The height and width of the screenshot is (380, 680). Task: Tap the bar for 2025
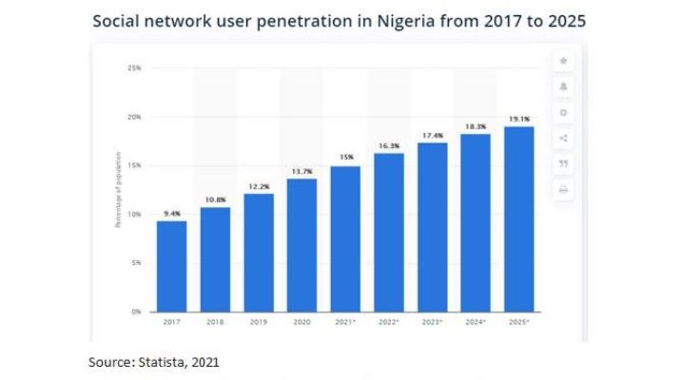coord(519,218)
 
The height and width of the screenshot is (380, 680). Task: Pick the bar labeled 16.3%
coord(388,232)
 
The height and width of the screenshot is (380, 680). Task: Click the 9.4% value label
coord(171,214)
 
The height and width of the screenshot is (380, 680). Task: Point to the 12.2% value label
coord(258,186)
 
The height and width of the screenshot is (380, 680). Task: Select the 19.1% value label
coord(519,120)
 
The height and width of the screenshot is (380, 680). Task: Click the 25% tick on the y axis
coord(134,68)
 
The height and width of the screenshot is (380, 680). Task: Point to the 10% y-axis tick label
coord(134,214)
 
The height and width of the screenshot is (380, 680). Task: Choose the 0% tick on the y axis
coord(136,311)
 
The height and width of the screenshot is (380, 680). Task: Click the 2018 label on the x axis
coord(215,323)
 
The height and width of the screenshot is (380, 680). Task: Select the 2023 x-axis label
coord(433,323)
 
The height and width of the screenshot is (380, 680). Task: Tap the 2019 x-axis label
coord(258,323)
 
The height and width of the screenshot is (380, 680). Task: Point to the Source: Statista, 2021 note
coord(154,362)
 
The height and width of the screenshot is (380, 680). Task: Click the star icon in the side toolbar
coord(563,61)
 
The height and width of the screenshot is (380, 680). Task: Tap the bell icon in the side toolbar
coord(563,86)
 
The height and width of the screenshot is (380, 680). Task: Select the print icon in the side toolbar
coord(563,190)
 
